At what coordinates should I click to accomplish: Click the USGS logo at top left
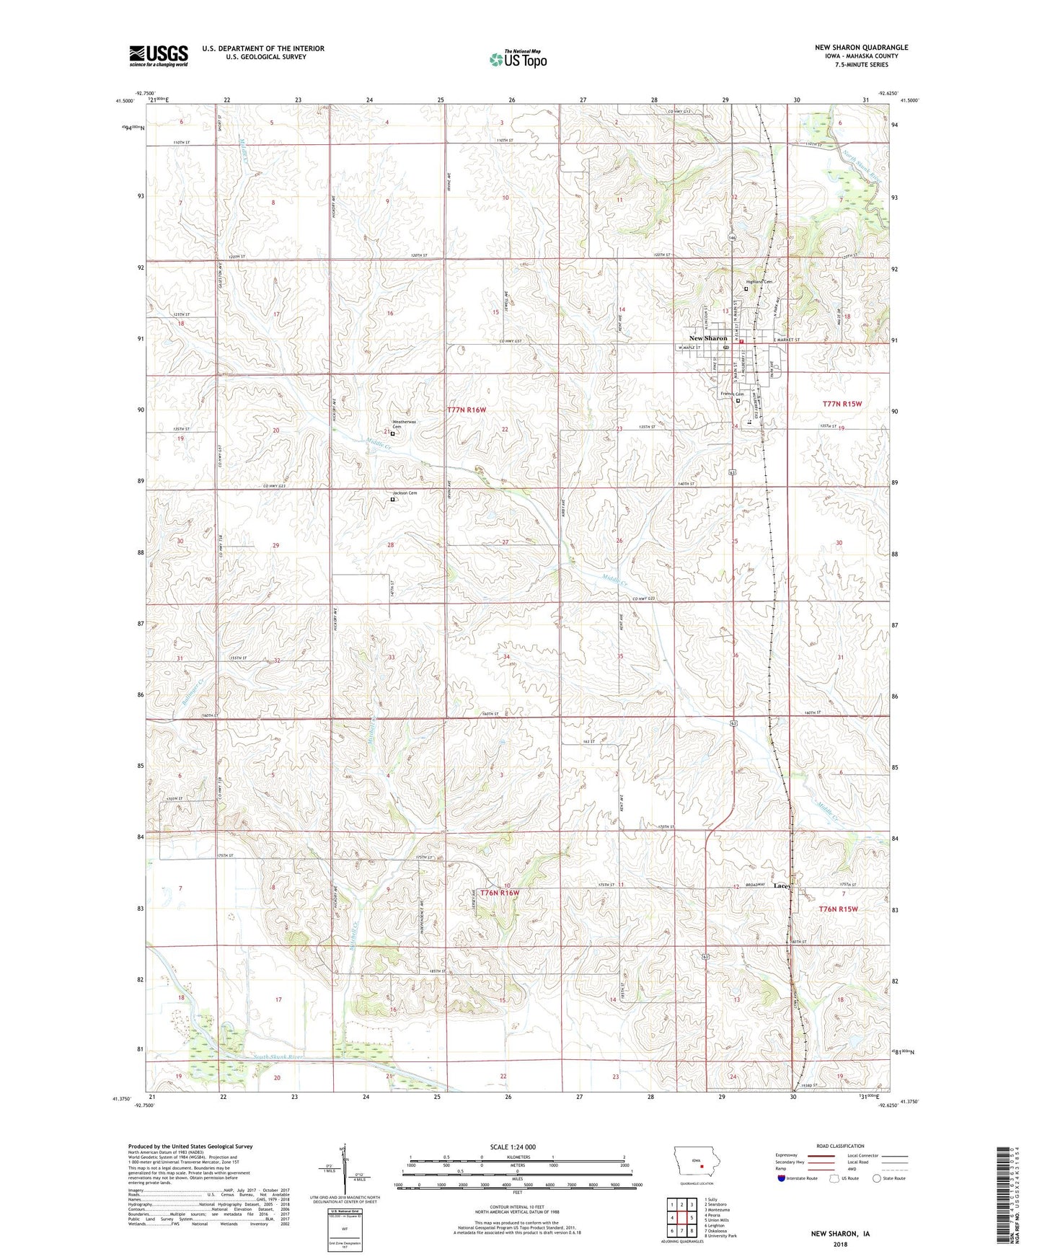click(159, 56)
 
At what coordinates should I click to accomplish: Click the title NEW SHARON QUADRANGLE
click(861, 48)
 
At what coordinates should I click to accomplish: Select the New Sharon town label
click(708, 338)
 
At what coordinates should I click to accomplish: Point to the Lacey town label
click(782, 885)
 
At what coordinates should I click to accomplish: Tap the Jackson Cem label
click(405, 493)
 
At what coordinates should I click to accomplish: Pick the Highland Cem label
click(758, 282)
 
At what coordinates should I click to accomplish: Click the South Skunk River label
click(278, 1057)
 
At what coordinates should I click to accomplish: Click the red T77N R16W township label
click(467, 410)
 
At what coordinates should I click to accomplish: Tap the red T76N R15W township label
click(838, 909)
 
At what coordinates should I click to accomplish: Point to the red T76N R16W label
click(499, 893)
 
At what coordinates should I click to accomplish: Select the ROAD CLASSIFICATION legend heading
click(841, 1146)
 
